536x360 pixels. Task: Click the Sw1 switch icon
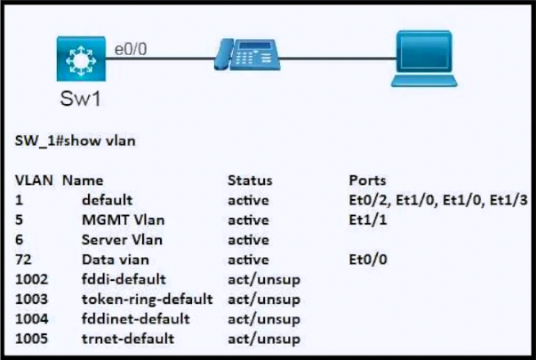pos(81,59)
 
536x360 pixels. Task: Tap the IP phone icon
pos(247,54)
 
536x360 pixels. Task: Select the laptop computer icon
pos(424,59)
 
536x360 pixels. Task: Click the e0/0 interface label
pos(131,49)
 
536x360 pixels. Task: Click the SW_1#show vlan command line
pos(76,140)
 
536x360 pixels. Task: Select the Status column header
pos(250,180)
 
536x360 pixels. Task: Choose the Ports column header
pos(367,180)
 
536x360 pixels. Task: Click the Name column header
pos(83,180)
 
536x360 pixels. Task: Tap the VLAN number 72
pos(23,260)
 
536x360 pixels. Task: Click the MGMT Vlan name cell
pos(123,220)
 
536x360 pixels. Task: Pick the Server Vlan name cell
pos(122,240)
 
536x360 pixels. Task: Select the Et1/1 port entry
pos(368,220)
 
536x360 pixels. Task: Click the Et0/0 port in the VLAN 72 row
pos(368,260)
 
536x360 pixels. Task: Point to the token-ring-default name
pos(148,300)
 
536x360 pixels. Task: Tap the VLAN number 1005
pos(31,339)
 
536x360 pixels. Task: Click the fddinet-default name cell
pos(136,319)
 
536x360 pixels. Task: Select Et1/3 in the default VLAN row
pos(508,200)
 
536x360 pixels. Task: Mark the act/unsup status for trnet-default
pos(264,339)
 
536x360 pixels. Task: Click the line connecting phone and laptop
pos(338,59)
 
